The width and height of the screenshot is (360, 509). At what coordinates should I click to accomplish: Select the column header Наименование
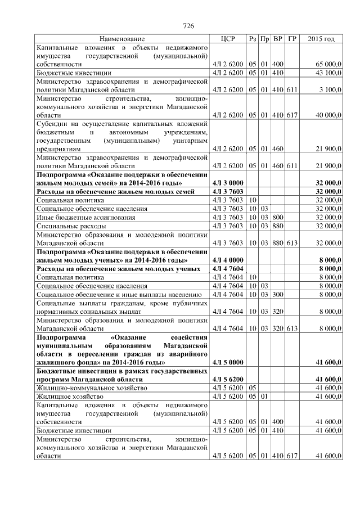click(122, 39)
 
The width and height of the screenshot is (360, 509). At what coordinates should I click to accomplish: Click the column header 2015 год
click(322, 39)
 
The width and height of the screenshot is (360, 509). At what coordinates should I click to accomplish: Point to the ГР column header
click(292, 39)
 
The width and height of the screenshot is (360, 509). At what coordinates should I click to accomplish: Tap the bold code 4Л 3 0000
click(228, 183)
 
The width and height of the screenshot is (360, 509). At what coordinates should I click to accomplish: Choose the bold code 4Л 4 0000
click(228, 260)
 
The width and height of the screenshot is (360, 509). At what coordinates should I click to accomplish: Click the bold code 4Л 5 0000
click(228, 362)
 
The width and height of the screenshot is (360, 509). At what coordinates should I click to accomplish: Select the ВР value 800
click(277, 217)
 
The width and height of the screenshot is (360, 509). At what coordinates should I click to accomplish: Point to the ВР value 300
click(277, 294)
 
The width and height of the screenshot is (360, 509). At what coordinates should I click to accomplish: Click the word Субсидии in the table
click(53, 123)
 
